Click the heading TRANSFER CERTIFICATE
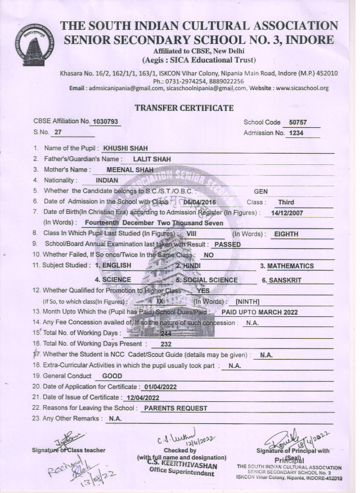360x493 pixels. (x=184, y=107)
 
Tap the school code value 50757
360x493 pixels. (x=295, y=122)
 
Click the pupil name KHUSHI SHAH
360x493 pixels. (x=125, y=149)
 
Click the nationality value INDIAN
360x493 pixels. (x=107, y=180)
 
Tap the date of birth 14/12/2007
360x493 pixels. (x=287, y=213)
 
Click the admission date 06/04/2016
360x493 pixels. (x=200, y=201)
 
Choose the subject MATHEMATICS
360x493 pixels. (x=290, y=266)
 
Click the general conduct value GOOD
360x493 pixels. (x=112, y=376)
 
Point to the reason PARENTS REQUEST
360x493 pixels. (x=175, y=408)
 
